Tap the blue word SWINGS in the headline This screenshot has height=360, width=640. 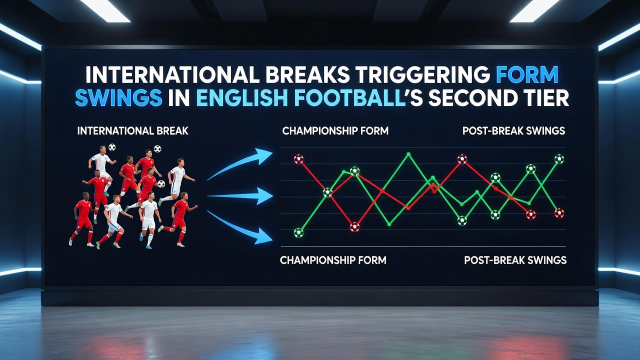coord(118,98)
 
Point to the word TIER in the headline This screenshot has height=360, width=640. coord(542,98)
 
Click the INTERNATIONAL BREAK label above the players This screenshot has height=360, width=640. coord(133,131)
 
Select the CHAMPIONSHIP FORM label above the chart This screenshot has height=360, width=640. coord(335,131)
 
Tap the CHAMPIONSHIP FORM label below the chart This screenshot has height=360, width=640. coord(333,260)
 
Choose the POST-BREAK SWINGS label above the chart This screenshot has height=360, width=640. coord(513,131)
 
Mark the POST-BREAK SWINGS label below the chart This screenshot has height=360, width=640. coord(515,260)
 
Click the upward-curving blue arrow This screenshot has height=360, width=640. coord(239,164)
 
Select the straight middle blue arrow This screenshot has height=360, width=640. coord(240,196)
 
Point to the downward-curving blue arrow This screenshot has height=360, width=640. coord(239,227)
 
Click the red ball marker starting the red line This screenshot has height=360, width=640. coord(299,159)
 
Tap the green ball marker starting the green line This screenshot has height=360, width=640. coord(298,233)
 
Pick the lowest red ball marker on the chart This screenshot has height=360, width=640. coord(355,227)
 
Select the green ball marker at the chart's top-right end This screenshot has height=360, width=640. coord(559,159)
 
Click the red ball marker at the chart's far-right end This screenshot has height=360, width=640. coord(559,213)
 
